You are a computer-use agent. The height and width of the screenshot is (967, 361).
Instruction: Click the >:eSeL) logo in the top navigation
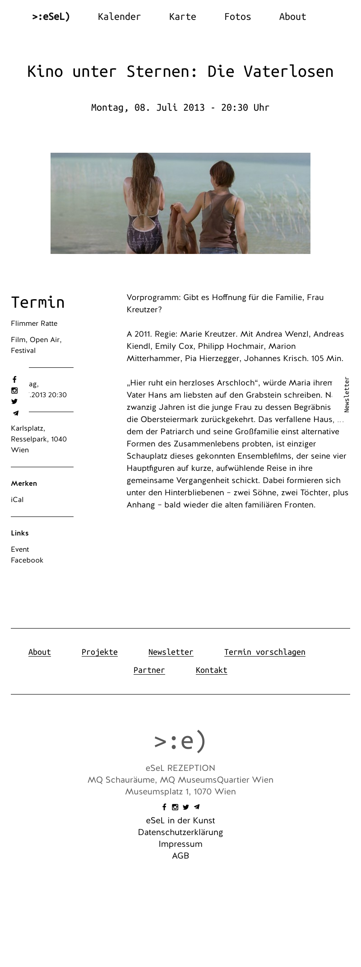(51, 17)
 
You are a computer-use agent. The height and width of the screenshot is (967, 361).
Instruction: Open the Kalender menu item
(119, 17)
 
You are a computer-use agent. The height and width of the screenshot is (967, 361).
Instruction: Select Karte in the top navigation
(182, 17)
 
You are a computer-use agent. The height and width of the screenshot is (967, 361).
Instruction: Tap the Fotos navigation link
(237, 17)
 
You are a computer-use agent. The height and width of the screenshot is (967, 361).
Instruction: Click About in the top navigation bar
(292, 17)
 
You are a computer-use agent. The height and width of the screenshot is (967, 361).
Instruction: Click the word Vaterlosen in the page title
(288, 71)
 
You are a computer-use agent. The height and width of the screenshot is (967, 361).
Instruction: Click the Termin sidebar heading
(38, 302)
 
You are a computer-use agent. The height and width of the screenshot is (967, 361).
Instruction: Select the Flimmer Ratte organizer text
(34, 324)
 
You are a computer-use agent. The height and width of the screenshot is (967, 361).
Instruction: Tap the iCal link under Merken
(17, 500)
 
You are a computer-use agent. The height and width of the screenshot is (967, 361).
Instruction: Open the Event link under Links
(20, 549)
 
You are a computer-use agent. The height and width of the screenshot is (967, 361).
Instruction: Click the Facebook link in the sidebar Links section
(27, 560)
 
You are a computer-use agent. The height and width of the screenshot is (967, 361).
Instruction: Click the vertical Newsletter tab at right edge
(347, 394)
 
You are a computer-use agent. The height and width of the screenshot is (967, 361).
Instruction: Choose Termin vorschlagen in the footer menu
(264, 652)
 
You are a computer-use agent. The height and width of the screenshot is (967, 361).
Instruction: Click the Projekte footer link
(99, 652)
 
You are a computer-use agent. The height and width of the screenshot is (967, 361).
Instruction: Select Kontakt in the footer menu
(211, 670)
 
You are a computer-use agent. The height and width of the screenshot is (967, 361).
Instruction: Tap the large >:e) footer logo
(180, 741)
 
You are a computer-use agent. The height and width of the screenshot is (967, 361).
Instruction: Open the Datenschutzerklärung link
(180, 832)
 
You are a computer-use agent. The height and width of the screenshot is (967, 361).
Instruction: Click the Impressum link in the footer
(180, 844)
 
